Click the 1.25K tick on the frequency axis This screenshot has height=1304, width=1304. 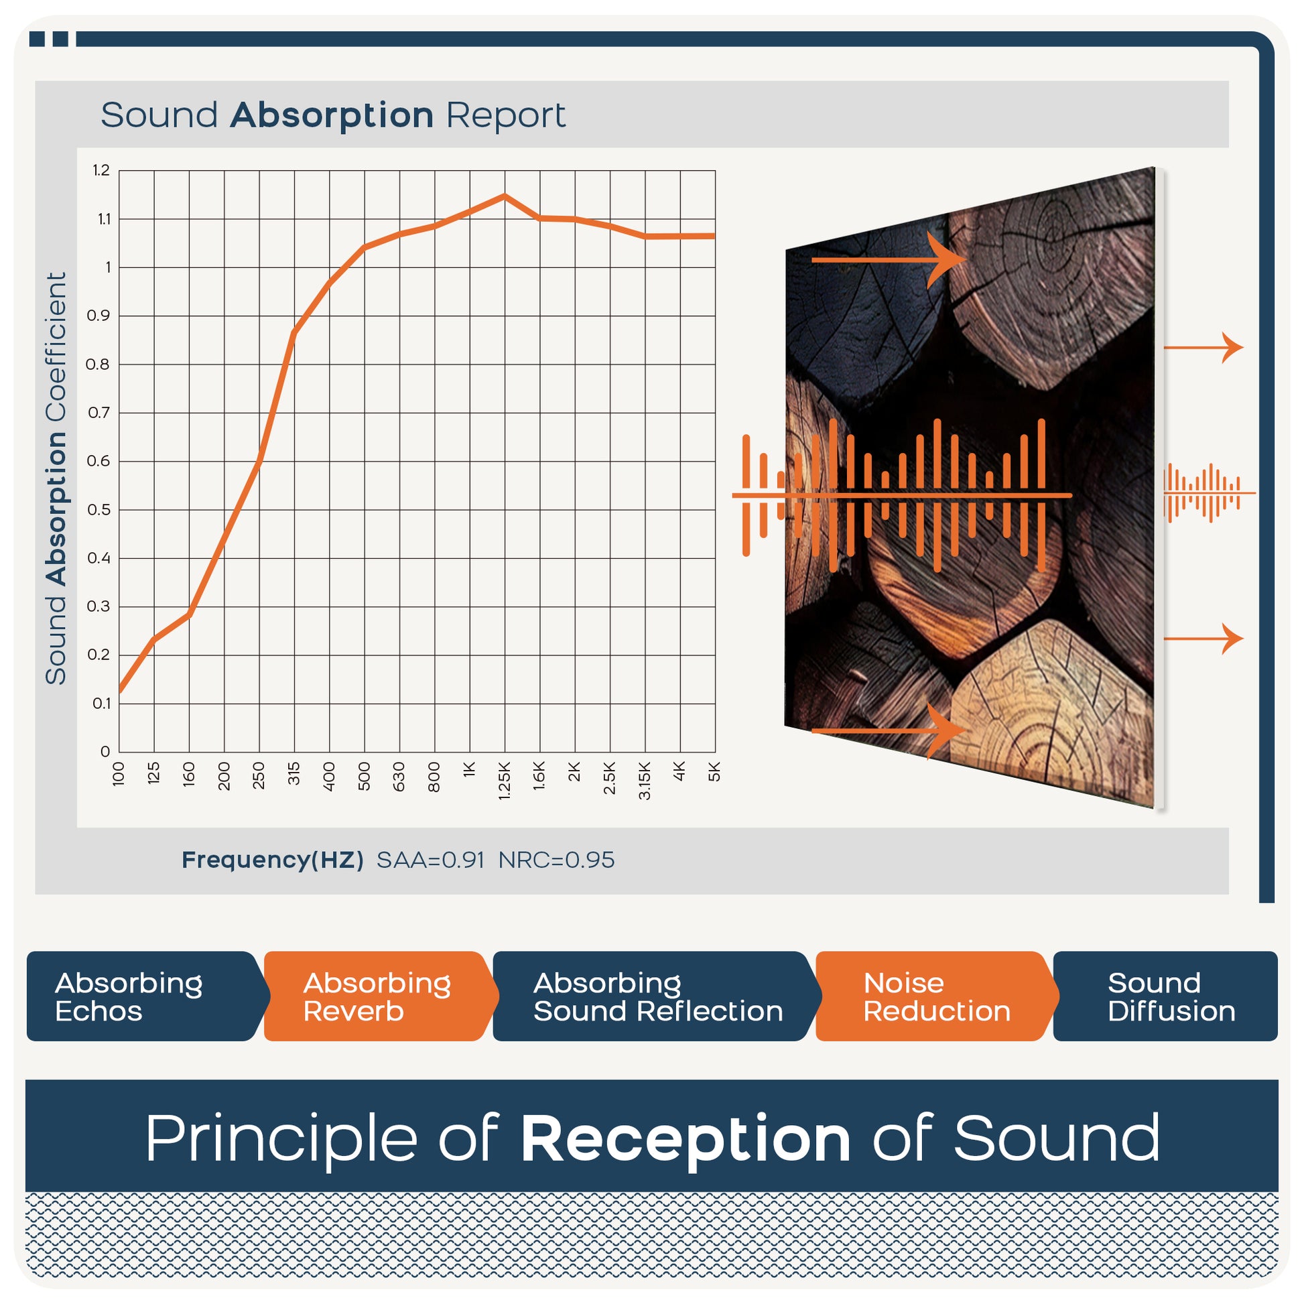(x=504, y=781)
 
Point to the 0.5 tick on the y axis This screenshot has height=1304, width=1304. (x=99, y=509)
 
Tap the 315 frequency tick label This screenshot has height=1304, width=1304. (x=294, y=773)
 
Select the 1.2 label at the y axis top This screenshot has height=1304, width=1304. (x=101, y=170)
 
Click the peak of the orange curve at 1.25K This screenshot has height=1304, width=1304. (x=504, y=196)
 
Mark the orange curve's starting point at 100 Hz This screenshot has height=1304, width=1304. (x=120, y=690)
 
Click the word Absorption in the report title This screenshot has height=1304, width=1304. (x=332, y=115)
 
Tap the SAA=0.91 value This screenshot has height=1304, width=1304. (x=431, y=860)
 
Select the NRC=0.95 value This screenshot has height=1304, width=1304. (x=556, y=860)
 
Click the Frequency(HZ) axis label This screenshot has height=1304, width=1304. (x=273, y=860)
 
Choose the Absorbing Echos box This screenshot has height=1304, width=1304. (x=143, y=996)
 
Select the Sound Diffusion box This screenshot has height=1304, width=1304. (x=1166, y=996)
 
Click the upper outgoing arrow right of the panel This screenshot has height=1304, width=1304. (x=1203, y=348)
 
